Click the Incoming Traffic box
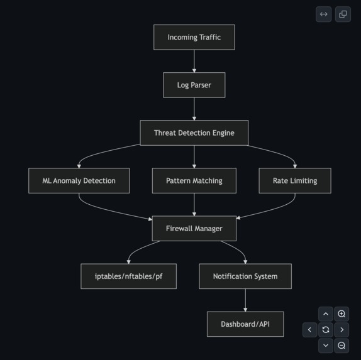194,37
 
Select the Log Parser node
194,85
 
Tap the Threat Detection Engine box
194,133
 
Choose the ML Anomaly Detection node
79,180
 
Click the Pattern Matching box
194,180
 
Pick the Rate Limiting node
294,180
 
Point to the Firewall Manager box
194,228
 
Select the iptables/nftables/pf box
128,276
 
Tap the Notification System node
245,276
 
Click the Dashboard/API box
245,324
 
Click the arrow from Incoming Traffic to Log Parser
194,61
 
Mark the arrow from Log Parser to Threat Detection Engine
194,109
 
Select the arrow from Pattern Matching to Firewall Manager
194,204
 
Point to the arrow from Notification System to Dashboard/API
245,300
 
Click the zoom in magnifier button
342,314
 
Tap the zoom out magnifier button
342,345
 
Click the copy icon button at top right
343,14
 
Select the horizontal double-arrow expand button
323,14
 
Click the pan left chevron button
309,329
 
